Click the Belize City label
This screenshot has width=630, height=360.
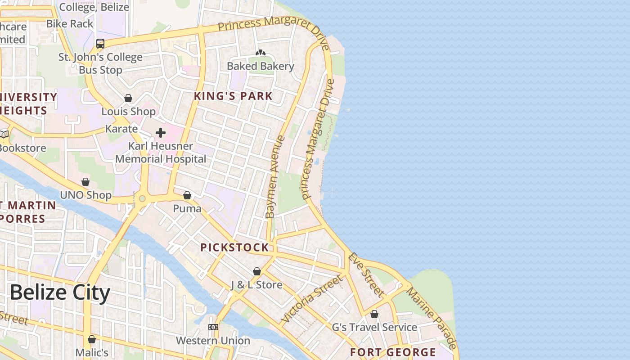point(59,293)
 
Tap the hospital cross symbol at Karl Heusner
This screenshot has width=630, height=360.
point(161,132)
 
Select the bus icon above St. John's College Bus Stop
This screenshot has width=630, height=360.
point(100,44)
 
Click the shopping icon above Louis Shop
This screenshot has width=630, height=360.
point(128,98)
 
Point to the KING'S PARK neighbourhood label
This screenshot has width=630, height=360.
point(233,96)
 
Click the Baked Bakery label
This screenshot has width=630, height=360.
point(260,66)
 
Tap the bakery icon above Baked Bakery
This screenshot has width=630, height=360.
point(260,53)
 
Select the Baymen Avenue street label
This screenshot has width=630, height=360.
point(276,177)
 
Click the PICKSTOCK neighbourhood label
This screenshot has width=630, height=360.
point(234,247)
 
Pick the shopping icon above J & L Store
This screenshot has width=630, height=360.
point(256,271)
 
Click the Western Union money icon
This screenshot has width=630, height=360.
point(213,327)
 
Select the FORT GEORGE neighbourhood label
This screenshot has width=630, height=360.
point(393,352)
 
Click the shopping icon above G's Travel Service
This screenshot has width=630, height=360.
point(374,314)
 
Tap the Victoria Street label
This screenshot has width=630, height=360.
point(311,300)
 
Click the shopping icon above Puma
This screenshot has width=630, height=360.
point(187,195)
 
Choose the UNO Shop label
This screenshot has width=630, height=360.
point(85,195)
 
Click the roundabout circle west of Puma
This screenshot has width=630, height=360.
point(143,198)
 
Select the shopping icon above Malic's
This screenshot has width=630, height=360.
point(92,339)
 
